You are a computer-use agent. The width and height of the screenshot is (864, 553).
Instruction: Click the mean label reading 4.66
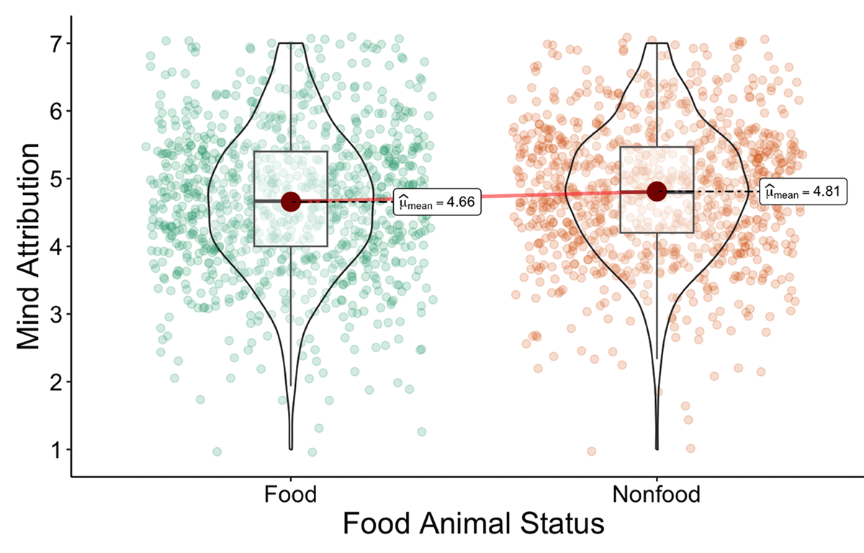tap(437, 204)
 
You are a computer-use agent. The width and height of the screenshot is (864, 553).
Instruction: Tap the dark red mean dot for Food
tap(290, 202)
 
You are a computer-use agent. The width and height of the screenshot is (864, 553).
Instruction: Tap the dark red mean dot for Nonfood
tap(657, 191)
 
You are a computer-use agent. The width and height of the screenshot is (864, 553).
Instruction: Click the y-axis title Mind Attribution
tap(27, 246)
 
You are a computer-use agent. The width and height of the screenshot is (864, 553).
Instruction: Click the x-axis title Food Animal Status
tap(472, 524)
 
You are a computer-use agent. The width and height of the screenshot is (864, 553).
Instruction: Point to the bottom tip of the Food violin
tap(291, 448)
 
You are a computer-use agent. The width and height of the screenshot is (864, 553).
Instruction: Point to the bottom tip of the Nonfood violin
tap(657, 448)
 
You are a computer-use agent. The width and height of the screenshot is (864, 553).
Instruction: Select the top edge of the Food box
tap(290, 151)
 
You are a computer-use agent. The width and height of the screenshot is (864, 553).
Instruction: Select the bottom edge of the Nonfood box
tap(657, 233)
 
